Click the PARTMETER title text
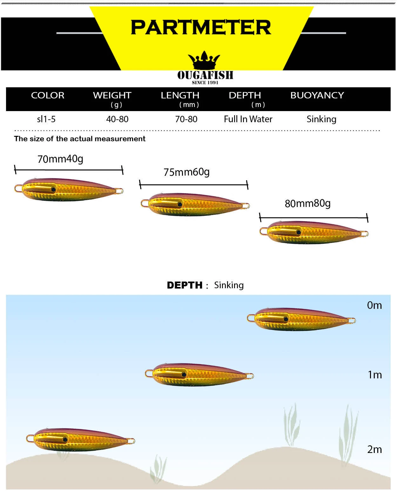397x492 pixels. (201, 27)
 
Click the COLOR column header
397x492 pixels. (48, 95)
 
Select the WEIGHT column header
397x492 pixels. (112, 95)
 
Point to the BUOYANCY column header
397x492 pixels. (317, 95)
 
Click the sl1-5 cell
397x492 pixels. (46, 119)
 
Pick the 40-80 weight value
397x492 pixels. (117, 119)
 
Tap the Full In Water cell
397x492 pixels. (248, 119)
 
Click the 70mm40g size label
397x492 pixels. (60, 159)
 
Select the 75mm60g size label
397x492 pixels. (186, 172)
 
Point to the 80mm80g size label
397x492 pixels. (307, 203)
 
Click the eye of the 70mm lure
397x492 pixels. (53, 189)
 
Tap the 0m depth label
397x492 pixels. (374, 305)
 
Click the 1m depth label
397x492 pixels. (375, 375)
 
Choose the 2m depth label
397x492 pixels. (374, 449)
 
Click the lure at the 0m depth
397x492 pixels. (302, 319)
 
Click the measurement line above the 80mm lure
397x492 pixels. (313, 218)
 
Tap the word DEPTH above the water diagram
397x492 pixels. (185, 285)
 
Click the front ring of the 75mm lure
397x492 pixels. (145, 203)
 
